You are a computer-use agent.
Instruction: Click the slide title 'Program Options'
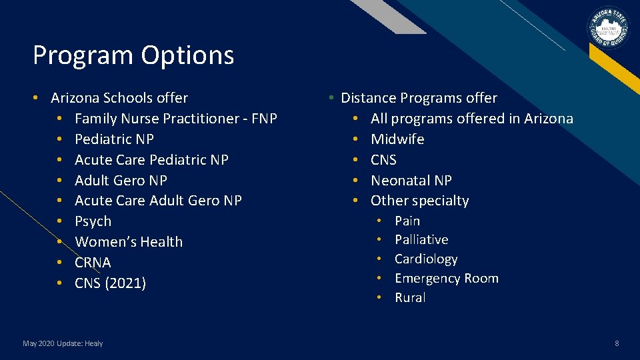pos(133,55)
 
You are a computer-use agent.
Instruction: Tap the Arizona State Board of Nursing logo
pos(607,29)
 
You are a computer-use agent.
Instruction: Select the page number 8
pos(617,343)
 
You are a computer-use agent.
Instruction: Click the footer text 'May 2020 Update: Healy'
pos(63,343)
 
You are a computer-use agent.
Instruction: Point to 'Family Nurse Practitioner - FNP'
pos(176,119)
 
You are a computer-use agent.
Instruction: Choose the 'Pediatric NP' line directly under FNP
pos(114,139)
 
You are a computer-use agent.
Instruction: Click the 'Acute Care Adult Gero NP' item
pos(158,201)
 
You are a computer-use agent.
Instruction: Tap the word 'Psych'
pos(93,221)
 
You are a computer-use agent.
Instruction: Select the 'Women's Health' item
pos(129,242)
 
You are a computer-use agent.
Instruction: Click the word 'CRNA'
pos(93,263)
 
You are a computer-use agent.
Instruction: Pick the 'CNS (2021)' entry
pos(110,283)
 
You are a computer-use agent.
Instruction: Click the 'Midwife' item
pos(397,139)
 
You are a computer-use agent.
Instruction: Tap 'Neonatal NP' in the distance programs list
pos(411,181)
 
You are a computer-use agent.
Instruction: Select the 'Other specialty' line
pos(419,201)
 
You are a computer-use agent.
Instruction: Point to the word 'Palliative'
pos(421,239)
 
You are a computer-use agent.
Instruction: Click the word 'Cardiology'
pos(426,259)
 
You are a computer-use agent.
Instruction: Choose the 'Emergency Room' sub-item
pos(446,278)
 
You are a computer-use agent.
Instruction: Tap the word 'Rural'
pos(410,297)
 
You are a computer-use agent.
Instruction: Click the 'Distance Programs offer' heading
pos(419,98)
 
